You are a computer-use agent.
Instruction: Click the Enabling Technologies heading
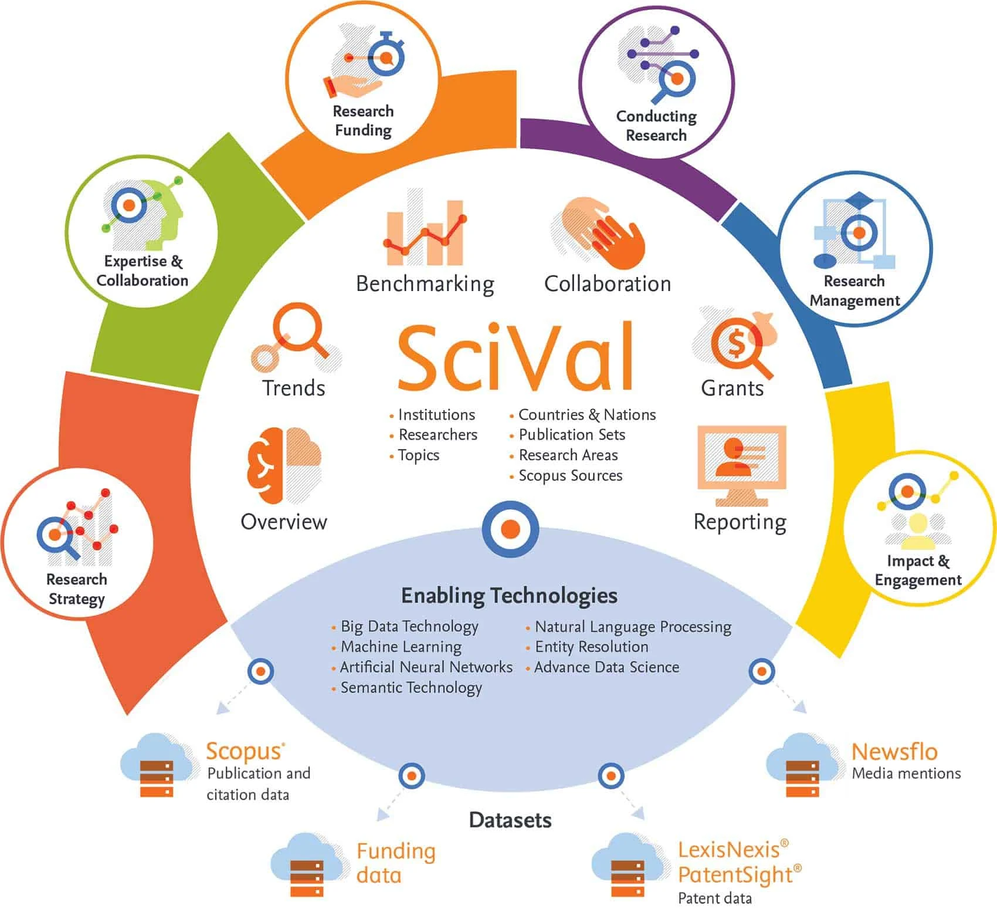[509, 595]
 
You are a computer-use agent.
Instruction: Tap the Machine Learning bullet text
[401, 647]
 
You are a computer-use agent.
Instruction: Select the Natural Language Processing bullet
[633, 627]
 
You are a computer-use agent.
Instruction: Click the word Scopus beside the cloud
[244, 751]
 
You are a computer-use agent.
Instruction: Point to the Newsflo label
[894, 751]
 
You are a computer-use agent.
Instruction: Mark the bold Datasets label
[510, 820]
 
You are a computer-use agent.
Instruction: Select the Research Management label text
[854, 290]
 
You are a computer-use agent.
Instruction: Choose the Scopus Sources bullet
[570, 475]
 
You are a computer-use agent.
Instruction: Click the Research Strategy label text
[77, 589]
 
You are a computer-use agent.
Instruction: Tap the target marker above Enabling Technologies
[510, 529]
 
